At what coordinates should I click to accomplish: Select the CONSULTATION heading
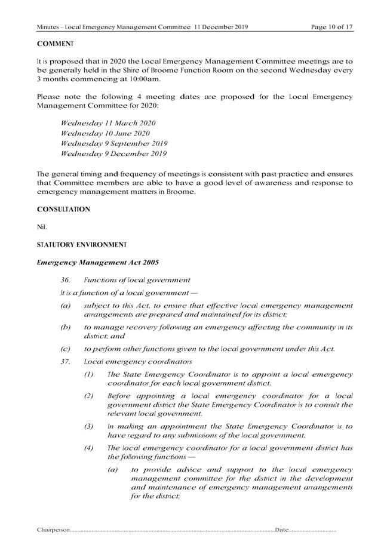click(x=63, y=210)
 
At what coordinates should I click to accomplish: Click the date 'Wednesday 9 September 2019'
click(x=114, y=144)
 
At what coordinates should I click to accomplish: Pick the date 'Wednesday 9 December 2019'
click(x=113, y=155)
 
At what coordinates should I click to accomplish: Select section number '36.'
click(x=66, y=279)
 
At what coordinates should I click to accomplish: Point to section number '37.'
click(x=66, y=361)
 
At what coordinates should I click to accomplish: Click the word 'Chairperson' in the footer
click(x=53, y=530)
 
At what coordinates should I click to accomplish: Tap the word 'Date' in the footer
click(x=282, y=530)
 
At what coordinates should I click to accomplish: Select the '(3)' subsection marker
click(x=90, y=428)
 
